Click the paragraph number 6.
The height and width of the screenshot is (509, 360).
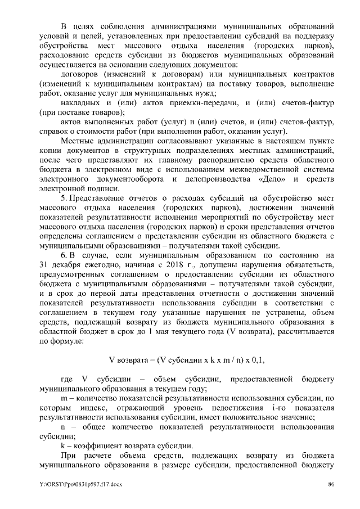coord(63,255)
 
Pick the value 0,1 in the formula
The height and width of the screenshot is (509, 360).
coord(239,359)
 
